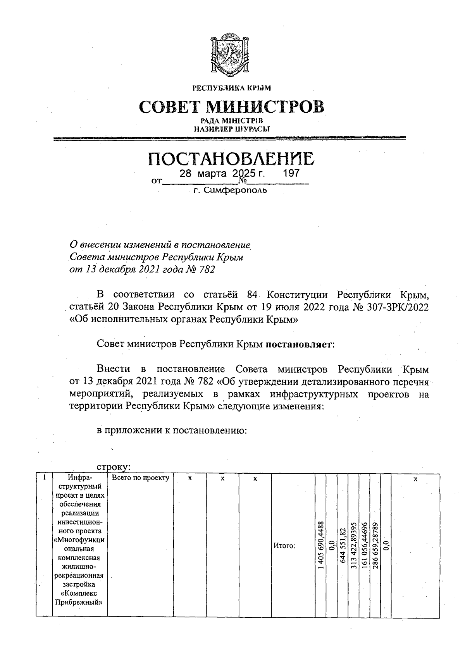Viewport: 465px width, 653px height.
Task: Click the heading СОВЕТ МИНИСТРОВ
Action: pyautogui.click(x=231, y=107)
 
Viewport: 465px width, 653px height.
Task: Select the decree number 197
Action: pyautogui.click(x=291, y=173)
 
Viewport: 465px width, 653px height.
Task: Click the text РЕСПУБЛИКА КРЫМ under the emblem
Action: pyautogui.click(x=232, y=88)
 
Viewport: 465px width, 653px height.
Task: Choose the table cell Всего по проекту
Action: pyautogui.click(x=141, y=478)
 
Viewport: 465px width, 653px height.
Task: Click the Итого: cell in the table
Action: pyautogui.click(x=284, y=546)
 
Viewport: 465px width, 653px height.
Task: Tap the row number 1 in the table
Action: pyautogui.click(x=45, y=478)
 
